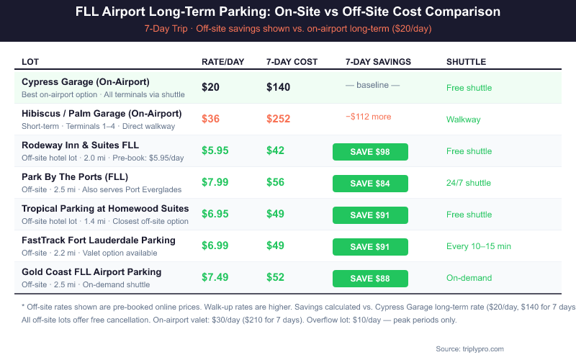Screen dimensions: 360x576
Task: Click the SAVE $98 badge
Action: (x=370, y=151)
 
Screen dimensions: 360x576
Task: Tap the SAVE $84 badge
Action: (x=370, y=184)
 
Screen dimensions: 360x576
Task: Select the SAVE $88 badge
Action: (x=370, y=279)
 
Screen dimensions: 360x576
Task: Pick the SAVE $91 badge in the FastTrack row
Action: (x=370, y=247)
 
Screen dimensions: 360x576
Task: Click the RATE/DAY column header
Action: (x=220, y=62)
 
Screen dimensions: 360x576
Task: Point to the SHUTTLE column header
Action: (x=466, y=62)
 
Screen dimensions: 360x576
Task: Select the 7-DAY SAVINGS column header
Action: (x=378, y=62)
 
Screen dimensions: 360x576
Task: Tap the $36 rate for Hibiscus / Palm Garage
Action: (x=210, y=120)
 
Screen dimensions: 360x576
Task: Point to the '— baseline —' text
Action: (x=372, y=85)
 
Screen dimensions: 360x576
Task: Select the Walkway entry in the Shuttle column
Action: (x=463, y=120)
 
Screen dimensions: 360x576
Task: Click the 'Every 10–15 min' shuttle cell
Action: (x=479, y=246)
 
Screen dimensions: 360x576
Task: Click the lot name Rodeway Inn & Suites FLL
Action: (x=80, y=145)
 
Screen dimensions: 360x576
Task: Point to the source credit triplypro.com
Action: (x=470, y=348)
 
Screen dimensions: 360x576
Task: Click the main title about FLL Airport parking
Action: (x=288, y=12)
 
